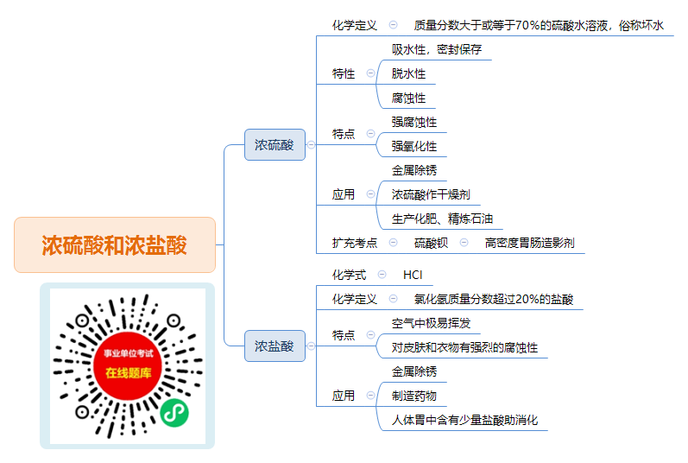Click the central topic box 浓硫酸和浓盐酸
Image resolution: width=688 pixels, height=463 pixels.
tap(115, 244)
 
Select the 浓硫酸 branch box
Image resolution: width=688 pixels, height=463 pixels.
tap(275, 145)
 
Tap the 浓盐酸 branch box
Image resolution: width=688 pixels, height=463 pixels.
tap(275, 346)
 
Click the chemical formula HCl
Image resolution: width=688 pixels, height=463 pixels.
tap(413, 276)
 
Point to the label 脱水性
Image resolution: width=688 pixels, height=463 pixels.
tap(408, 73)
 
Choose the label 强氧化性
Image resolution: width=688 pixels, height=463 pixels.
tap(414, 146)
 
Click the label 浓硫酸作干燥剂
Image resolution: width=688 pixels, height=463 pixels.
tap(431, 194)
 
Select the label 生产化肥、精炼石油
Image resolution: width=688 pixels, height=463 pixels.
tap(442, 219)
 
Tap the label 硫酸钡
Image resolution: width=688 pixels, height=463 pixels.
tap(431, 243)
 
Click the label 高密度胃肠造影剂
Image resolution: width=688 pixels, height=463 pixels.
tap(530, 243)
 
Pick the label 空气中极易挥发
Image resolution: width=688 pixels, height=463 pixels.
tap(431, 323)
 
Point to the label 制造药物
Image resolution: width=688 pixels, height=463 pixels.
tap(414, 396)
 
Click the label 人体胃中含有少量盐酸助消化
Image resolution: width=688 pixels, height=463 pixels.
tap(464, 420)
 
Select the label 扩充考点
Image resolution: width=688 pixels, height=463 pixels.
tap(355, 243)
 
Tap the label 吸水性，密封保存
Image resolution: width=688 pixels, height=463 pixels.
tap(437, 49)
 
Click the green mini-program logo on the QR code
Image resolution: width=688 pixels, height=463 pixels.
tap(174, 413)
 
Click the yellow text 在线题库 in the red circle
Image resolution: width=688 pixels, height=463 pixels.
tap(128, 373)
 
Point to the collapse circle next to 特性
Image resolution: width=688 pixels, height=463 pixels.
tap(371, 73)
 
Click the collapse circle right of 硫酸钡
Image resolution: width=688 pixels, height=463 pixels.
tap(464, 242)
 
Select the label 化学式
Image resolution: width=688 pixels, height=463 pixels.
tap(349, 276)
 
